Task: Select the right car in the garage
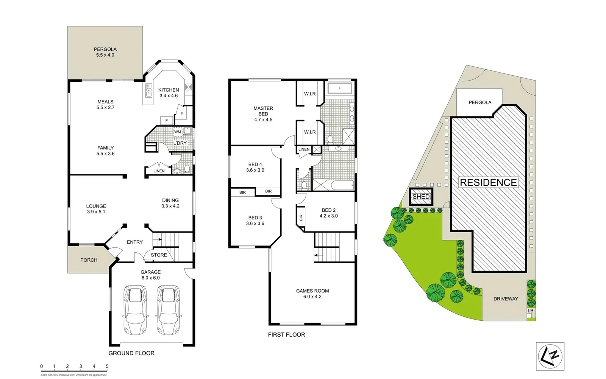pos(169,310)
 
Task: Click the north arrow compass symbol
pos(550,356)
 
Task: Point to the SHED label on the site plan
pos(421,197)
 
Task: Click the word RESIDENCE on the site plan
pos(488,183)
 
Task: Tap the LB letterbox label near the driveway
pos(530,311)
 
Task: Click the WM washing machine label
pos(177,132)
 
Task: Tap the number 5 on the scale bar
pos(107,367)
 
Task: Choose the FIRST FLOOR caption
pos(286,335)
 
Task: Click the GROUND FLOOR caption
pos(131,353)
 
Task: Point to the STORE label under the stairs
pos(159,255)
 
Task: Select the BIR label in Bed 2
pos(301,218)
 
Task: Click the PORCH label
pos(89,260)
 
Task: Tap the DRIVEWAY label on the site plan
pos(506,299)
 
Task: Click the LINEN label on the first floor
pos(304,149)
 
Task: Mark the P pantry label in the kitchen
pos(182,114)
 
